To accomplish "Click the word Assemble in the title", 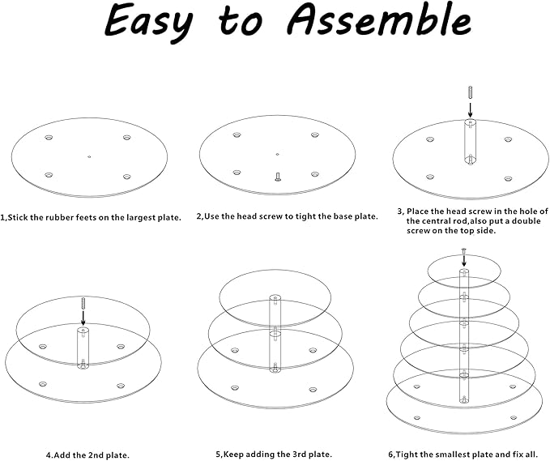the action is (379, 19).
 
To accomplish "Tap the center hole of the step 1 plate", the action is (89, 157).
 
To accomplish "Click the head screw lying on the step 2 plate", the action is (278, 177).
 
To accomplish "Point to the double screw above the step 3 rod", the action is (469, 92).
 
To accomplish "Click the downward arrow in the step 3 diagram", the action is (470, 109).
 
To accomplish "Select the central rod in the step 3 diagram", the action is (470, 142).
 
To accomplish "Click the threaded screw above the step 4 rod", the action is (83, 303).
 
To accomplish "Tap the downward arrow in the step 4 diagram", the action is (83, 318).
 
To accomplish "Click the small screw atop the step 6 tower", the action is (463, 251).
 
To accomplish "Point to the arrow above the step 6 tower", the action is (463, 260).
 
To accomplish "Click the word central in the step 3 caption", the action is (435, 221).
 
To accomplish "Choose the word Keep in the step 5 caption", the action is (233, 455).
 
